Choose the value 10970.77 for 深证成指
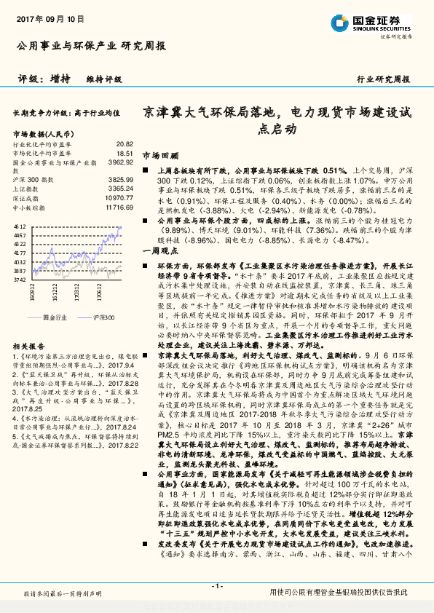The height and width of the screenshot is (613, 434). point(119,197)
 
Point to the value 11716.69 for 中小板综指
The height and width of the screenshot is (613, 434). point(119,207)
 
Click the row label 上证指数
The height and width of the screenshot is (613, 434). point(26,188)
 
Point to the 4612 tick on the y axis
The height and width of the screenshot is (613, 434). point(20,227)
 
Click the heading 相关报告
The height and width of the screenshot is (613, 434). point(29,347)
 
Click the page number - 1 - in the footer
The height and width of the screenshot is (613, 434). point(217,586)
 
